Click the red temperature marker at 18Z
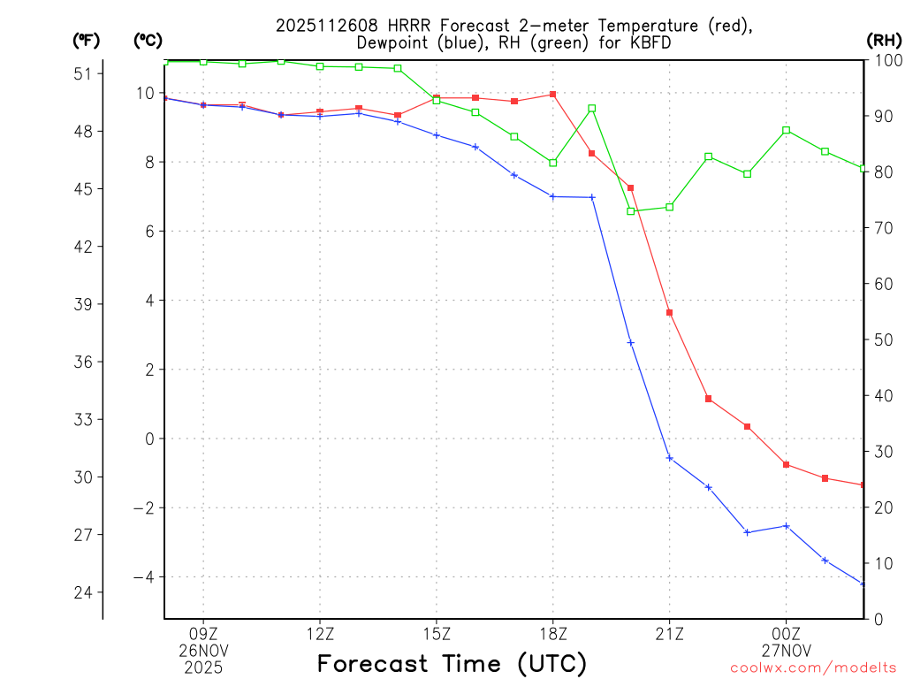pos(553,94)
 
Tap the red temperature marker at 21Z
pos(670,313)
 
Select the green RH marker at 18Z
pos(553,163)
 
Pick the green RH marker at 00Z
pos(787,130)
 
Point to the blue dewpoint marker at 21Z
pos(670,458)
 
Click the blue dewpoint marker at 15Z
pos(437,134)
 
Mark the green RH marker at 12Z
pos(320,66)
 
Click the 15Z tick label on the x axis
pos(437,634)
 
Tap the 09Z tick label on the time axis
pos(203,634)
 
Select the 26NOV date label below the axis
pos(203,651)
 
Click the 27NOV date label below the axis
pos(787,651)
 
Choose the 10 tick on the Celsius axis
pos(146,93)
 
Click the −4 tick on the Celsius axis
pos(143,577)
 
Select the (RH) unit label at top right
pos(884,40)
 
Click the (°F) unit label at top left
pos(86,40)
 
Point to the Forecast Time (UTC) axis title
pos(452,663)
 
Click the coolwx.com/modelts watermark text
pos(813,668)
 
